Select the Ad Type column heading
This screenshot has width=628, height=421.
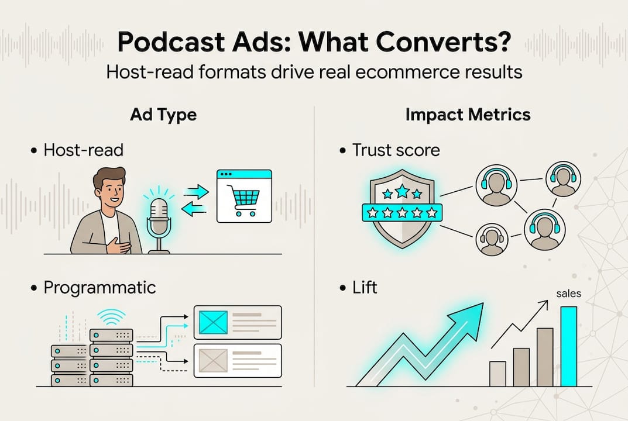[x=163, y=115]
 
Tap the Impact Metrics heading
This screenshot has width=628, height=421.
[x=468, y=115]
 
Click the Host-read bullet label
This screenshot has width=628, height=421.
[x=84, y=150]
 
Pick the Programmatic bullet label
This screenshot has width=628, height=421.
[x=100, y=288]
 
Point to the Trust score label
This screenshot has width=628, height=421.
[x=396, y=150]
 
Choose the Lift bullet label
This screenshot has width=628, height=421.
[x=365, y=288]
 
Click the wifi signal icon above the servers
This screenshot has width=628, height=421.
[x=111, y=317]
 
